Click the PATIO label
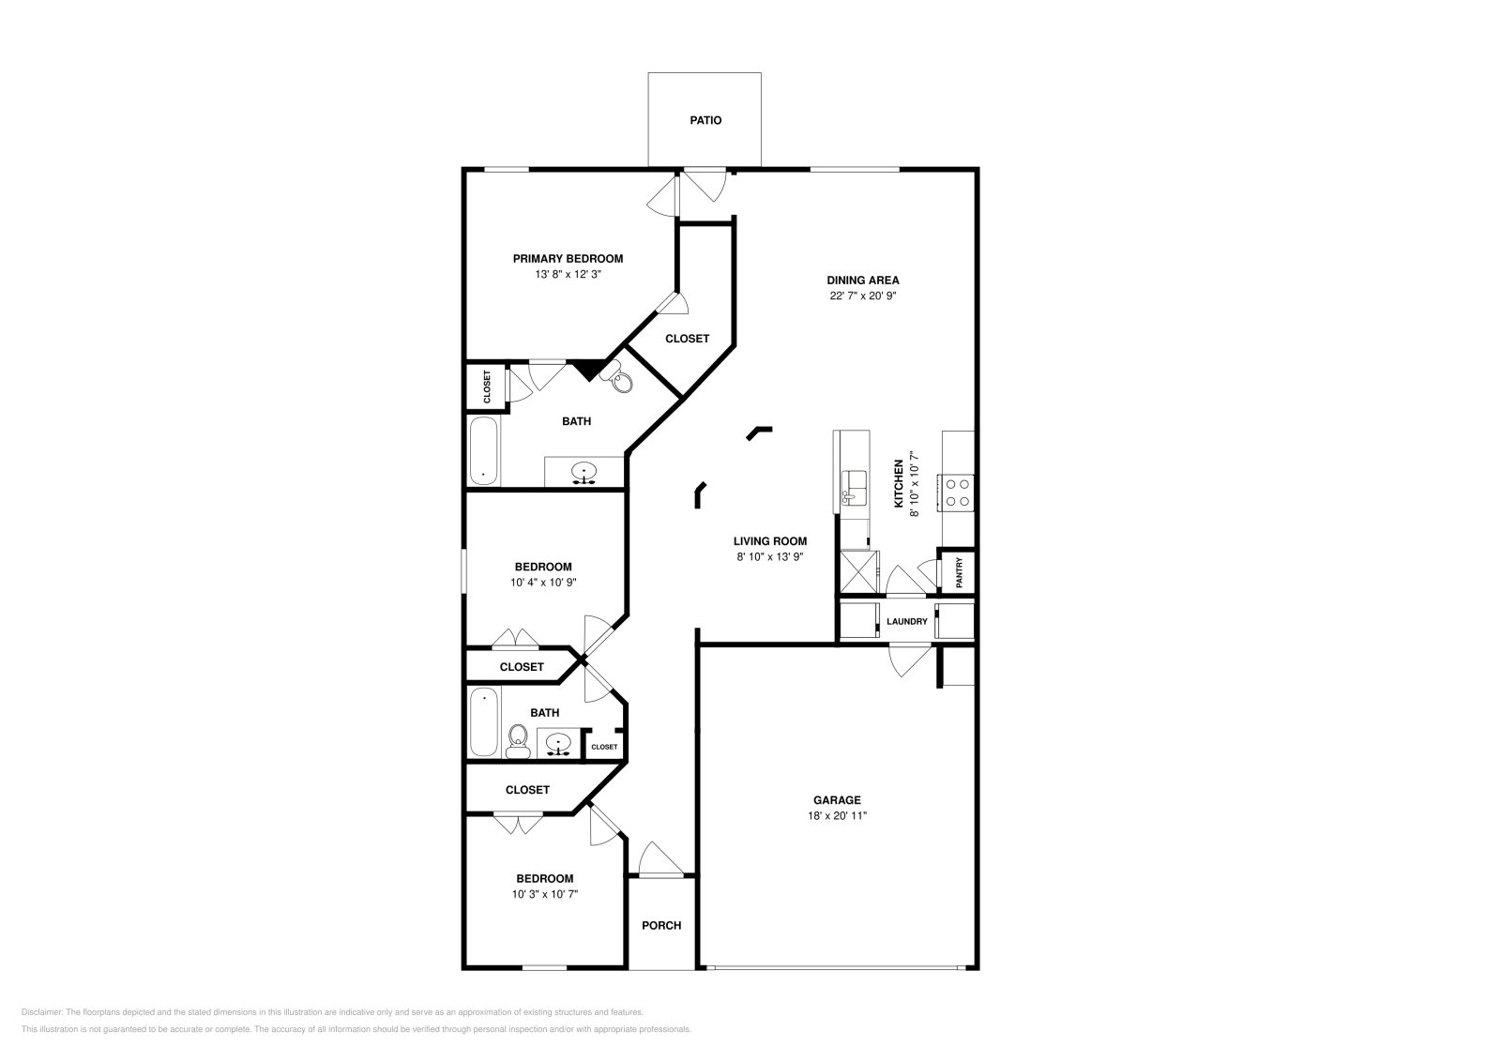click(705, 120)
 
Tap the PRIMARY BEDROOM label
click(568, 259)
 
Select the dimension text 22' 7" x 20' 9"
click(862, 296)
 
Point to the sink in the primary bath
click(584, 473)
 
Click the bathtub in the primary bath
click(484, 451)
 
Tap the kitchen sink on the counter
click(854, 487)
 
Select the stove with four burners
click(958, 493)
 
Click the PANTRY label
click(959, 572)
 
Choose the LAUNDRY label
click(906, 621)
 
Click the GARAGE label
click(837, 800)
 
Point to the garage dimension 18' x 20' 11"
click(837, 816)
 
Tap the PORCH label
click(661, 925)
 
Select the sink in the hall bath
click(558, 744)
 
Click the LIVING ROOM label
click(769, 541)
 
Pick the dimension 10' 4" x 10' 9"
click(543, 583)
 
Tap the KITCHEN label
click(899, 483)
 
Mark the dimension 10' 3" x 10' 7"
click(544, 894)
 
